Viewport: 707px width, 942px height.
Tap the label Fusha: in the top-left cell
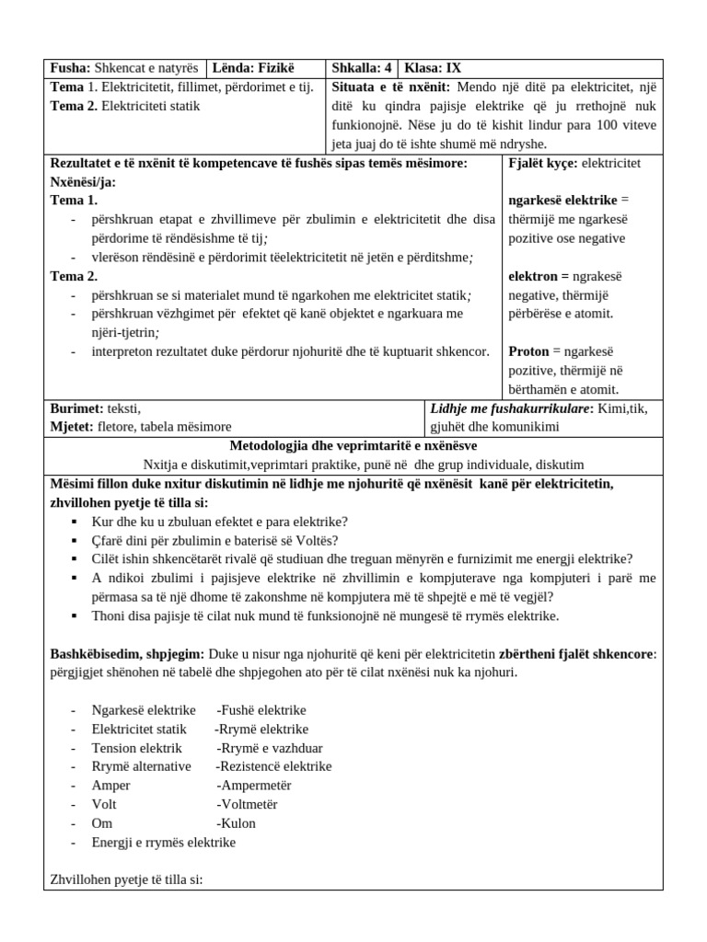(x=69, y=68)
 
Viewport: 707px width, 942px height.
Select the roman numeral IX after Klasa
(x=454, y=68)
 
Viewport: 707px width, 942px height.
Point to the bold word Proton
(x=530, y=351)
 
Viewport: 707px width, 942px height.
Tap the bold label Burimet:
(x=76, y=408)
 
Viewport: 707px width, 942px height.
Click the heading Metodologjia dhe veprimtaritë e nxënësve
(x=353, y=446)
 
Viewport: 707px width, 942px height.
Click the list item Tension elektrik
(x=137, y=748)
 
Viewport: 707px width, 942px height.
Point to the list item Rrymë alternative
(x=142, y=766)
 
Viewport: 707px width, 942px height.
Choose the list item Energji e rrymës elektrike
(x=164, y=842)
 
